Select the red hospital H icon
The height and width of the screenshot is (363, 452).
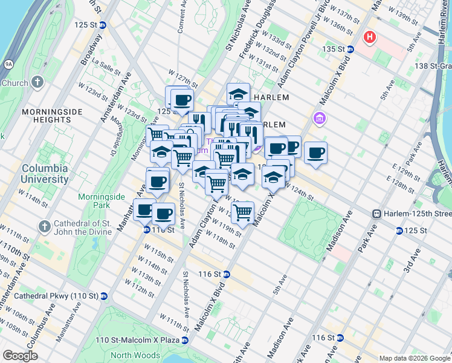coord(370,38)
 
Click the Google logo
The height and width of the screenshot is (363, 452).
coord(19,356)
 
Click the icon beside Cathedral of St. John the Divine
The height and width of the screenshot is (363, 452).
coord(44,227)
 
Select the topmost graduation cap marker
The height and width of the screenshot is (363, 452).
coord(239,94)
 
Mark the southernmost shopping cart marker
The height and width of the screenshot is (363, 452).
coord(242,212)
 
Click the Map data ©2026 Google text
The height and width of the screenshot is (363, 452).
coord(415,358)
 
